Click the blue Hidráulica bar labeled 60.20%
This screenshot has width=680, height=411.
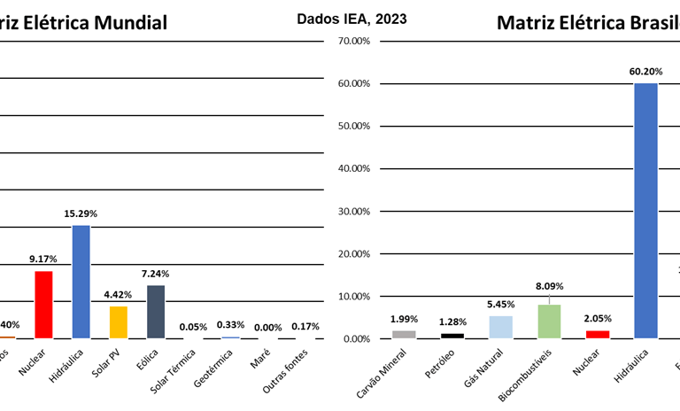[645, 211]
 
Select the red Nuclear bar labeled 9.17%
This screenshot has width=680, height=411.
[43, 305]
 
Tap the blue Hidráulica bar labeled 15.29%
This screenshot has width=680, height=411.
[81, 282]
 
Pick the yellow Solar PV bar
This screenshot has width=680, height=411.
[119, 322]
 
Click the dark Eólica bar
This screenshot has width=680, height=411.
[156, 311]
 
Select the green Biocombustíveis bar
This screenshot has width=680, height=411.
[549, 322]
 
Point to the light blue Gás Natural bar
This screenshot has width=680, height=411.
[500, 327]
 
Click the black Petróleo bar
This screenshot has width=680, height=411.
[452, 335]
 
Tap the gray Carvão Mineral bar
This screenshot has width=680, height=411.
[404, 334]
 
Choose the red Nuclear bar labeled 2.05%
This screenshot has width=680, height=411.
[597, 334]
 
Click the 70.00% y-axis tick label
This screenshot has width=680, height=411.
[349, 41]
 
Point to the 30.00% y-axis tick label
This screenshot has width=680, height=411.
[349, 211]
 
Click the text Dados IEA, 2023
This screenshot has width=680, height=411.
[352, 17]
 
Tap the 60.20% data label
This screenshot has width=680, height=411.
[645, 71]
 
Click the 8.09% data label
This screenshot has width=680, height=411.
[549, 286]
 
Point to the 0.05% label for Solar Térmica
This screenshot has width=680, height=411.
[194, 326]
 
